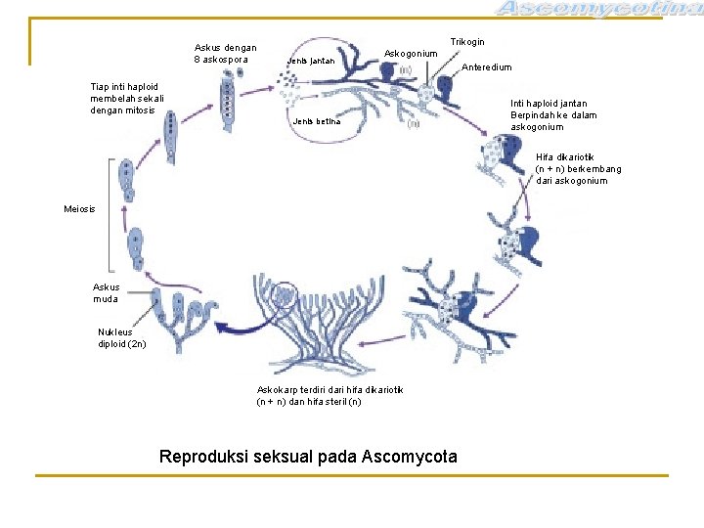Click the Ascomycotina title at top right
click(598, 10)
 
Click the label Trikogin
click(466, 42)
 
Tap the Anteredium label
click(486, 67)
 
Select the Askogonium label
click(411, 53)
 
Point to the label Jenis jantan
click(310, 62)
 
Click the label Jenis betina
click(316, 122)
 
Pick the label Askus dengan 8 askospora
click(225, 53)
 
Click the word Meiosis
click(79, 209)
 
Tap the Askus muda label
click(107, 293)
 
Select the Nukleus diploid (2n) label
click(121, 337)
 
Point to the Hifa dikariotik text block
click(578, 169)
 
